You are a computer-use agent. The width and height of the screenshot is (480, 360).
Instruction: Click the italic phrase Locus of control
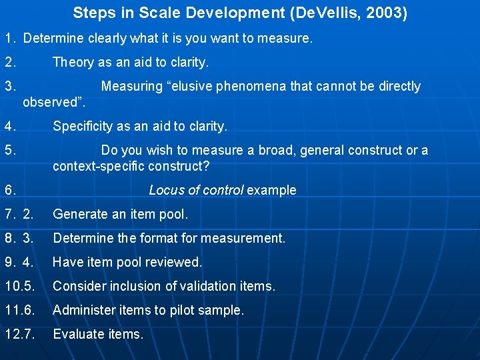(x=196, y=191)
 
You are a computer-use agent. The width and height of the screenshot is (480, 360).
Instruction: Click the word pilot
(x=182, y=311)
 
